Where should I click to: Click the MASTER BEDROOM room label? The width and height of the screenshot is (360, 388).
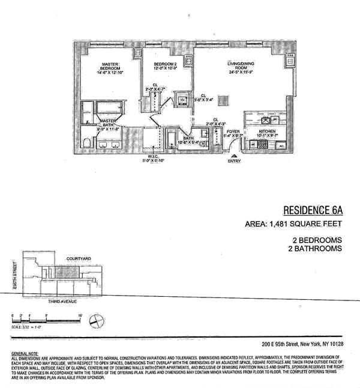click(109, 67)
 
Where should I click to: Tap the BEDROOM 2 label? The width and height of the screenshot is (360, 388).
click(164, 65)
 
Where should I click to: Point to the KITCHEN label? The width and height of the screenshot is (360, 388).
click(266, 130)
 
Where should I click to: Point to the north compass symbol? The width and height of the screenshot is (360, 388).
click(94, 322)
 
